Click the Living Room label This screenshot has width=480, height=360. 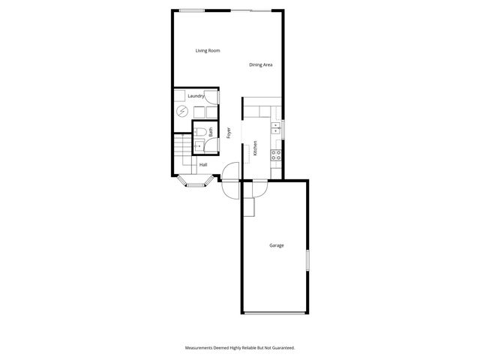pos(207,50)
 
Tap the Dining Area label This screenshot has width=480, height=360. pos(260,64)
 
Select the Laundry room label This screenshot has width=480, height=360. pos(196,96)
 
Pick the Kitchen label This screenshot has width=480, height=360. pos(256,148)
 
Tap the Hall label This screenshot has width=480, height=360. pos(203,165)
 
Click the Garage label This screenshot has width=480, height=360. pos(277,245)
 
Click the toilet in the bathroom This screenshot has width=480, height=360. pos(200,131)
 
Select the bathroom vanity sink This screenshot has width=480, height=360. pos(199,146)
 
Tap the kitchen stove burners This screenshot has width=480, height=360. pos(276,156)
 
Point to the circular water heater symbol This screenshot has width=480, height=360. pos(182,112)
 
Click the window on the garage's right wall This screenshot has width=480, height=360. pos(306,260)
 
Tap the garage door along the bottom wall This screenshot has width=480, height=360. pos(275,313)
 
